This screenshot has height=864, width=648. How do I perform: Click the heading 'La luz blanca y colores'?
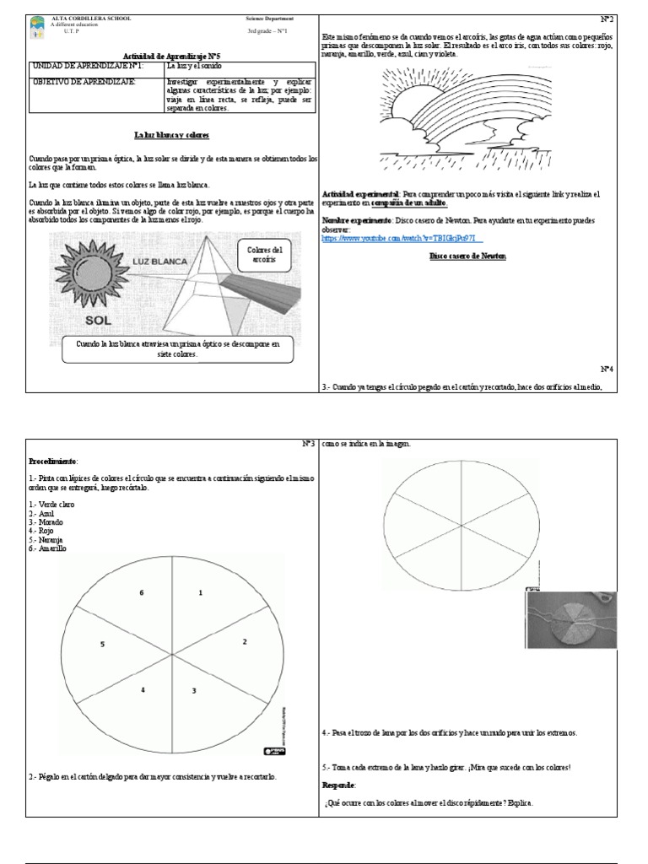point(171,134)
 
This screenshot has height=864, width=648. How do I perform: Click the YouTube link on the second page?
point(391,239)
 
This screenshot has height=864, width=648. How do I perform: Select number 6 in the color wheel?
point(142,593)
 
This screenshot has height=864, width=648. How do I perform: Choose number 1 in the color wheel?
point(201,593)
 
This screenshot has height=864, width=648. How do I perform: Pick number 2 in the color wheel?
point(245,642)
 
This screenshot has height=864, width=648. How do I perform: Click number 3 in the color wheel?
point(194,691)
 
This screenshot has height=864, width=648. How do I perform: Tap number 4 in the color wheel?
point(143,690)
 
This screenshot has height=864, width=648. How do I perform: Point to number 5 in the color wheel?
point(102,644)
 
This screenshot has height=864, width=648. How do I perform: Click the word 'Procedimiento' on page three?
point(53,462)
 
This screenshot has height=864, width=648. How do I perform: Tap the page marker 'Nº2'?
point(607,18)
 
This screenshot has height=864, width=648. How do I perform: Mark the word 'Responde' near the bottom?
point(339,784)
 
